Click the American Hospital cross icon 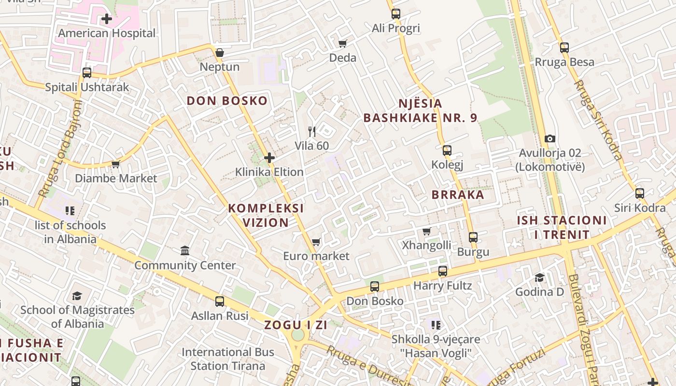107,19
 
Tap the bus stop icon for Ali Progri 396,14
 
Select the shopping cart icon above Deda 343,44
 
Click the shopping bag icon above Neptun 220,53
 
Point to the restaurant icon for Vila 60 312,131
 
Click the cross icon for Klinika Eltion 269,158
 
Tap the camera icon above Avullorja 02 549,139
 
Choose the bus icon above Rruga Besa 564,48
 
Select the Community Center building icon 185,251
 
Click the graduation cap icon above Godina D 539,278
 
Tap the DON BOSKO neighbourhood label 227,101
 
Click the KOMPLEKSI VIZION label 266,215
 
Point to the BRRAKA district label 458,194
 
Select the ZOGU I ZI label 296,325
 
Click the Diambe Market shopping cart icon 115,165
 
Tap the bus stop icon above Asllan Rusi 220,302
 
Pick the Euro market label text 316,256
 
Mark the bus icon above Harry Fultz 443,271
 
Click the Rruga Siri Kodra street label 598,120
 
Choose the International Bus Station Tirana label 228,359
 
